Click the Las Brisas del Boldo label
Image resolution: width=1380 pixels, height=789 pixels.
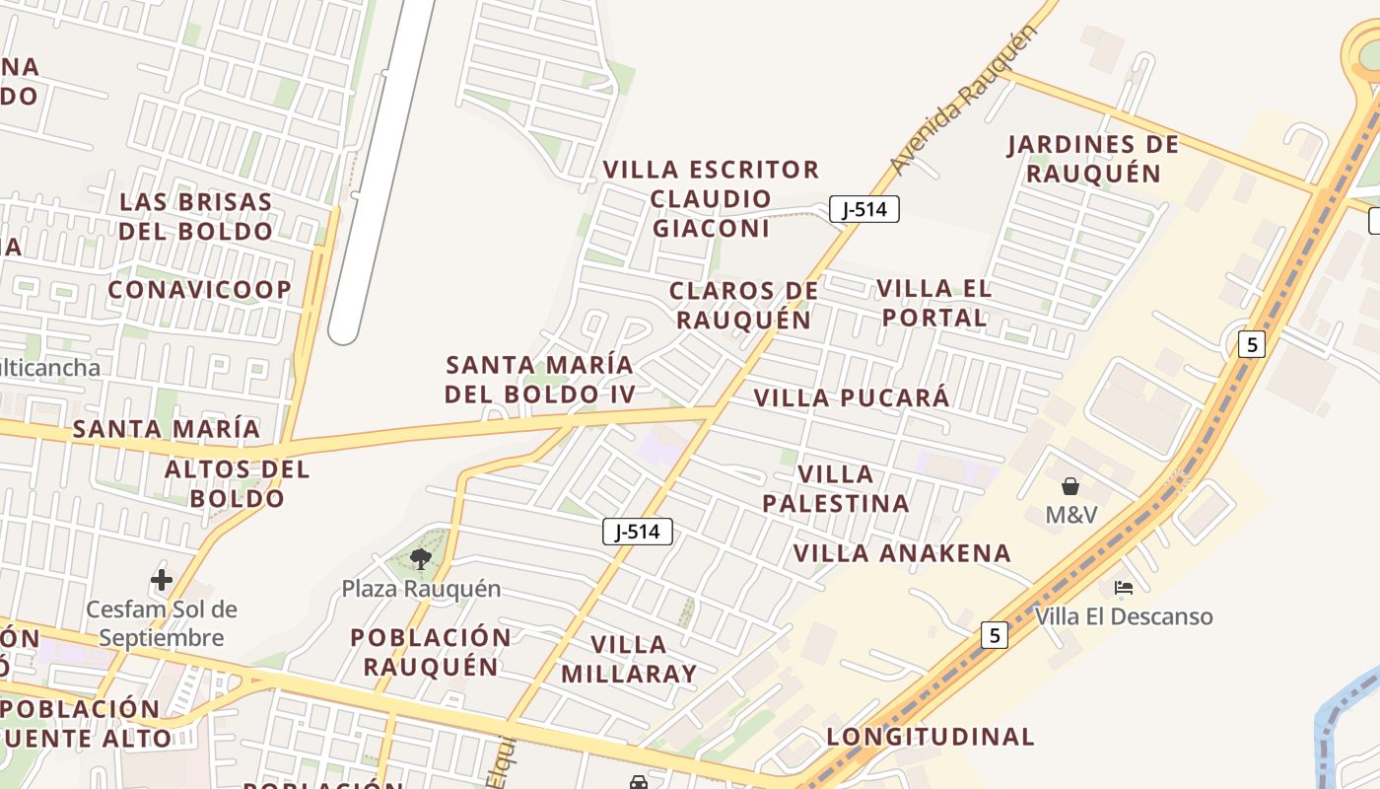click(195, 217)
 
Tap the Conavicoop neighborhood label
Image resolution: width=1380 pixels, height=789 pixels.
click(200, 290)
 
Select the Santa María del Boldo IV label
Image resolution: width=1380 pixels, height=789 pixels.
click(539, 380)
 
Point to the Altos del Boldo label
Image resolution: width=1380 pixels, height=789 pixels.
click(237, 483)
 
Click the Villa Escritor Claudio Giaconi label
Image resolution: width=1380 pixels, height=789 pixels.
click(711, 199)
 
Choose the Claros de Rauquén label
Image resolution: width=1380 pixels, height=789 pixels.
click(744, 306)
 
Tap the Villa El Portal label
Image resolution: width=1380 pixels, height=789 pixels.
click(933, 303)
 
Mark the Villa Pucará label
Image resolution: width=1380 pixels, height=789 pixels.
click(852, 398)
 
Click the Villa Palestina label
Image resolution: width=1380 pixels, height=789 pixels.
click(836, 489)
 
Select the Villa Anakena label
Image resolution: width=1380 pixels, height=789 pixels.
click(903, 553)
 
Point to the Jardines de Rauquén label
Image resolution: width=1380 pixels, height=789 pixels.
click(1093, 159)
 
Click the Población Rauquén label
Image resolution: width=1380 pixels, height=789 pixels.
click(431, 652)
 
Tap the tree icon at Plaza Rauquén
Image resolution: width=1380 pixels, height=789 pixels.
click(421, 559)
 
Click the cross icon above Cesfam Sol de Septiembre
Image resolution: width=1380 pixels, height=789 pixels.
click(162, 579)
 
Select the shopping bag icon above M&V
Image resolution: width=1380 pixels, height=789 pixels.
click(1070, 486)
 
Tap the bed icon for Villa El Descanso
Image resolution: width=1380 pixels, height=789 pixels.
click(1123, 588)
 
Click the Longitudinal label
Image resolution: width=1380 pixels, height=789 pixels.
click(931, 737)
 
